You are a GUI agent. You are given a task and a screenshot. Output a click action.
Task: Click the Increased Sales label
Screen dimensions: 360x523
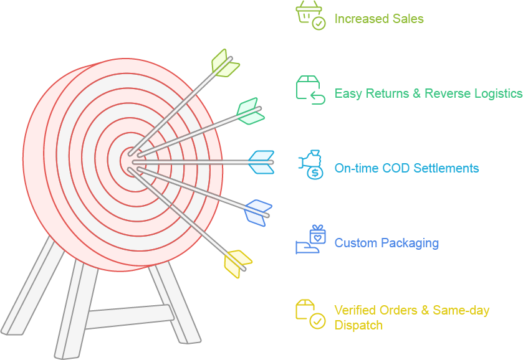click(x=379, y=19)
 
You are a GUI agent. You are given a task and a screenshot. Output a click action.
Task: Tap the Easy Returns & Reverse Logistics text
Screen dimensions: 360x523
click(x=428, y=93)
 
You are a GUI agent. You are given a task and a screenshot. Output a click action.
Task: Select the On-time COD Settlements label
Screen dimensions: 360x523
click(x=406, y=168)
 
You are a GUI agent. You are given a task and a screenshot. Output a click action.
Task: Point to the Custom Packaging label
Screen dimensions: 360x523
click(x=386, y=243)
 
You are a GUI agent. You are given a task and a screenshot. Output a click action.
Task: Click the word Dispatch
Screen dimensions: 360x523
click(x=358, y=325)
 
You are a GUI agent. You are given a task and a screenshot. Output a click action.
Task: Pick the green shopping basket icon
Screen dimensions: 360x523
click(x=310, y=15)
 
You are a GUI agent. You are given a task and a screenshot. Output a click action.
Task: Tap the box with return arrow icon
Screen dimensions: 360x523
click(x=310, y=90)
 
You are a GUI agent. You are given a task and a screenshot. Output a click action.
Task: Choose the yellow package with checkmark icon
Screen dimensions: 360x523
click(x=310, y=315)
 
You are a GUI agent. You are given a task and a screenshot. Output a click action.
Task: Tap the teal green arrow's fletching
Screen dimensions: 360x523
click(x=249, y=111)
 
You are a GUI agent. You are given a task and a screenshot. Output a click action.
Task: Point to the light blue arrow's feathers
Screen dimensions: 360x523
click(x=262, y=162)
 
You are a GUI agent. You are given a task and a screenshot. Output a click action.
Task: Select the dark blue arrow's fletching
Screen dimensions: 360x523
click(x=257, y=212)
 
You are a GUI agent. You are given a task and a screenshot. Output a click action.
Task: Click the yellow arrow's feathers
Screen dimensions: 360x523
click(x=237, y=263)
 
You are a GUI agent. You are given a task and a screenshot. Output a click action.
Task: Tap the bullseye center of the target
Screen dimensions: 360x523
click(x=130, y=161)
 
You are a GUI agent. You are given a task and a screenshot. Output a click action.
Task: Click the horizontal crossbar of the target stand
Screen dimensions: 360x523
click(x=128, y=316)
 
